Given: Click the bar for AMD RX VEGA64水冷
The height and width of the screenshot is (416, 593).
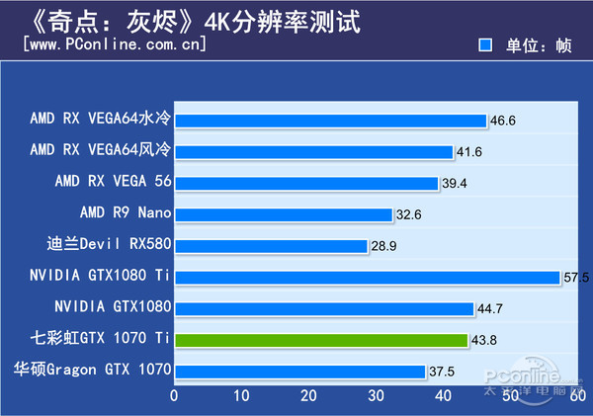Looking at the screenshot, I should tap(330, 121).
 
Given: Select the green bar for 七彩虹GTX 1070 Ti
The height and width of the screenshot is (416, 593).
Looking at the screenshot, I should tap(321, 340).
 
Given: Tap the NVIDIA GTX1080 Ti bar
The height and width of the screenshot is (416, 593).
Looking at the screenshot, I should tap(367, 277).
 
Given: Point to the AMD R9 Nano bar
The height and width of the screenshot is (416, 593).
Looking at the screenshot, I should tap(284, 213).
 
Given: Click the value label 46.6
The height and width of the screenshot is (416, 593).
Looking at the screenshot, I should tap(503, 121).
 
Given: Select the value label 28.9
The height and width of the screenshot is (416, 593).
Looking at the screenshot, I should tap(384, 245).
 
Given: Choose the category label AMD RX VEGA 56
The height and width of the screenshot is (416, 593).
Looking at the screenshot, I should tap(113, 182).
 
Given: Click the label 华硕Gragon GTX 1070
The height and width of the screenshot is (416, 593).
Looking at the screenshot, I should tap(92, 371).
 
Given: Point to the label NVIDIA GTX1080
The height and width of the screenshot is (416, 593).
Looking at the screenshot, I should tap(113, 307).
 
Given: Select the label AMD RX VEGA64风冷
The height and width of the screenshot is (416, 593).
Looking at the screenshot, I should tap(100, 150).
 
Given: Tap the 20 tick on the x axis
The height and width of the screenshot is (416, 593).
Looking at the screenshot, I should tap(308, 396).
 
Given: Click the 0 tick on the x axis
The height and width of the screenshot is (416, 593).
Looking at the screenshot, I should tap(175, 396).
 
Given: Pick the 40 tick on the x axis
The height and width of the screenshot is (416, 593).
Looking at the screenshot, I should tap(443, 396).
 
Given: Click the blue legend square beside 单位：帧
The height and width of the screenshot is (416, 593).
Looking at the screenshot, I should tap(485, 45).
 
